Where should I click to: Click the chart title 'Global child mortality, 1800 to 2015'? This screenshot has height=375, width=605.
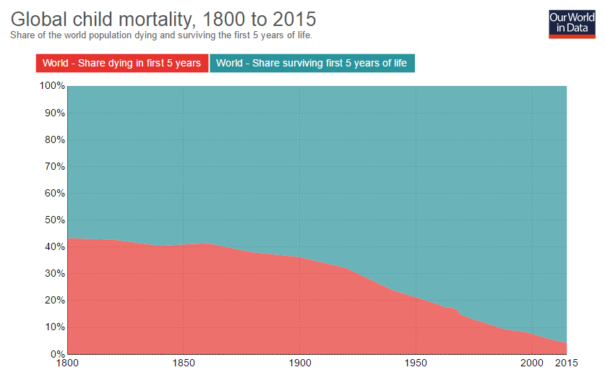pos(163,17)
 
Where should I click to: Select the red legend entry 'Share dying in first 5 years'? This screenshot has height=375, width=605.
pos(121,63)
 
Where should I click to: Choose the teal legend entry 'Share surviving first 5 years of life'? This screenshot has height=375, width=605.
pos(312,63)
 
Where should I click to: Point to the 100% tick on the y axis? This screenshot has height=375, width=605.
pos(51,86)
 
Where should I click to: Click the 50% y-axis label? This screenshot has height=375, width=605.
pos(54,220)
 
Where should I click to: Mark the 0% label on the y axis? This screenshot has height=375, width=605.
pos(57,354)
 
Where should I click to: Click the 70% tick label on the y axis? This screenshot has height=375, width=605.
pos(54,166)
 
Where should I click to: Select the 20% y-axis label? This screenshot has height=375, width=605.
pos(54,301)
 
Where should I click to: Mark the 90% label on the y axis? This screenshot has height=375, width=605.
pos(54,113)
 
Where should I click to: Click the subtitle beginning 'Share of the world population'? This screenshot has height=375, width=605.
pos(162,35)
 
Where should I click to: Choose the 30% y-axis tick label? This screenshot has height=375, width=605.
pos(54,274)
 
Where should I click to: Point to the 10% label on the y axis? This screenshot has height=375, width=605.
pos(54,327)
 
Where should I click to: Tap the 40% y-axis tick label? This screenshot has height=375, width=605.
pos(54,247)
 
